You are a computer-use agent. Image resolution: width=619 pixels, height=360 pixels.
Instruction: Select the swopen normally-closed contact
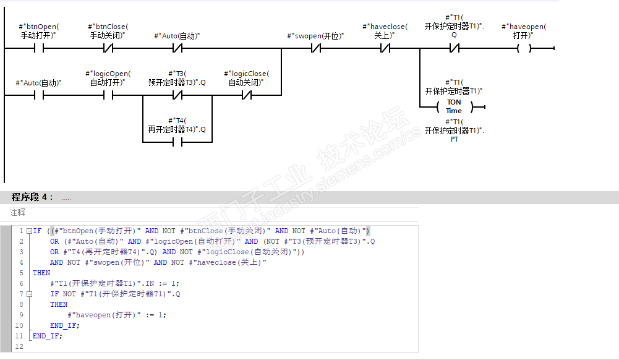coord(315,48)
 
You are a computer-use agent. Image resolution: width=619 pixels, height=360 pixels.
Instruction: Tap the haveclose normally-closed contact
coord(385,48)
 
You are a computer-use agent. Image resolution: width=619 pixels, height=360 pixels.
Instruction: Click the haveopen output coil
coord(524,48)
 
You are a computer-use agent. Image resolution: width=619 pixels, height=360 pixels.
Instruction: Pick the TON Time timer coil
coord(454,106)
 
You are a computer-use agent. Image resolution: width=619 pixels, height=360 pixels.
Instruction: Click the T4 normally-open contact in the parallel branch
coord(177,142)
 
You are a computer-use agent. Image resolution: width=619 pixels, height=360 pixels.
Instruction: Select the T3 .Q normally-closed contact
coord(177,95)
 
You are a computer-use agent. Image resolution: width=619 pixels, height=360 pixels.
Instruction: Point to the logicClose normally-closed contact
coord(247,95)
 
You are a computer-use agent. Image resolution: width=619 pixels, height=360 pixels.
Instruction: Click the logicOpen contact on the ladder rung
coord(108,95)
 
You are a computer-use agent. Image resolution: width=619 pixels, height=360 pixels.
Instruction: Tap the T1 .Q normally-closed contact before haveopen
coord(454,48)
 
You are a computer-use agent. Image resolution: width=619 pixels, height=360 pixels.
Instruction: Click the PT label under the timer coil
coord(454,139)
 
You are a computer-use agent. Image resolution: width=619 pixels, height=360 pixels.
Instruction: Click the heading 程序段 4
coord(32,197)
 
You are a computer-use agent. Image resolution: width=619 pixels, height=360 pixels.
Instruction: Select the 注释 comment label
coord(17,212)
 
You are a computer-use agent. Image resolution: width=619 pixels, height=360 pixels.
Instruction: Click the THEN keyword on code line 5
coord(41,273)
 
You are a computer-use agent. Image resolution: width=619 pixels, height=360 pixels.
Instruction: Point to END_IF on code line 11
coord(47,336)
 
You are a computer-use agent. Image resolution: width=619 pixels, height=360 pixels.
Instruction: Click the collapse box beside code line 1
coord(28,231)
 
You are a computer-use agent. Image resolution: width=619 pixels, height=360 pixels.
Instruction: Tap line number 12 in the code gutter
coord(19,346)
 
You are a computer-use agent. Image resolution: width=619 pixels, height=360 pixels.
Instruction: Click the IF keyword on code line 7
coord(54,294)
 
